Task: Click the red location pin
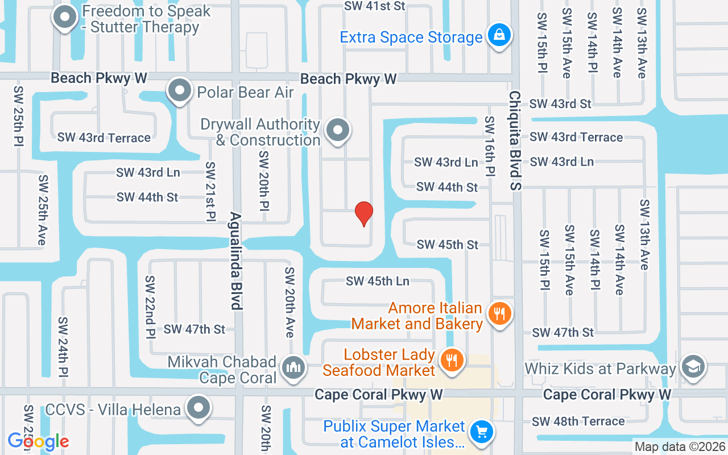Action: pyautogui.click(x=364, y=214)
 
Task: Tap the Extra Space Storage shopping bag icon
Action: pyautogui.click(x=499, y=36)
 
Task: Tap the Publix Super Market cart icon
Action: pyautogui.click(x=482, y=433)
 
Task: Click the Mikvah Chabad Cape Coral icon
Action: pyautogui.click(x=293, y=367)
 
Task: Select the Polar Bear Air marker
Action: pyautogui.click(x=180, y=90)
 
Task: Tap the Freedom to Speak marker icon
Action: pyautogui.click(x=65, y=18)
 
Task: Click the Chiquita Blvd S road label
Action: pyautogui.click(x=515, y=140)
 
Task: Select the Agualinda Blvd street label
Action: pyautogui.click(x=237, y=261)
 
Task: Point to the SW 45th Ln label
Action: pyautogui.click(x=378, y=281)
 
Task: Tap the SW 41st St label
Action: pyautogui.click(x=375, y=6)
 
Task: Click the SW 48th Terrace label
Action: pyautogui.click(x=578, y=421)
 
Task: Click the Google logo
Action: pyautogui.click(x=38, y=441)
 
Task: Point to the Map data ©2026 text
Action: pyautogui.click(x=680, y=447)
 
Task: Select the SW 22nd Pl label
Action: pyautogui.click(x=150, y=307)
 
